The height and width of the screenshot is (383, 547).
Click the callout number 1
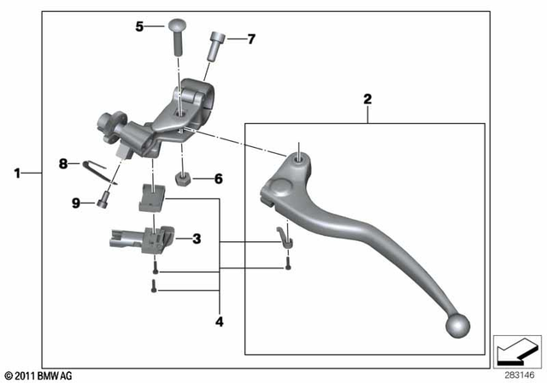click(x=17, y=174)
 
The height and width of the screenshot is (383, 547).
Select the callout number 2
click(x=368, y=99)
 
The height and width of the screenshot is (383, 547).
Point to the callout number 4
click(x=219, y=322)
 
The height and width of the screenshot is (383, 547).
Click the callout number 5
click(x=140, y=27)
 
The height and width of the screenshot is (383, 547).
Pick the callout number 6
click(x=218, y=180)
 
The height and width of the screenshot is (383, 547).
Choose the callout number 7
click(x=250, y=38)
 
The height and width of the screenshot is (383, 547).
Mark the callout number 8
click(x=62, y=162)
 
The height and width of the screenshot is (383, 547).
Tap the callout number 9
click(x=75, y=203)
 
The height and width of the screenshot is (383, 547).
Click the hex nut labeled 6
click(x=183, y=180)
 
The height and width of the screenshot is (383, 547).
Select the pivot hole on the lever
click(x=297, y=157)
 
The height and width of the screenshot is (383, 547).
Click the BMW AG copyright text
click(x=38, y=375)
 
